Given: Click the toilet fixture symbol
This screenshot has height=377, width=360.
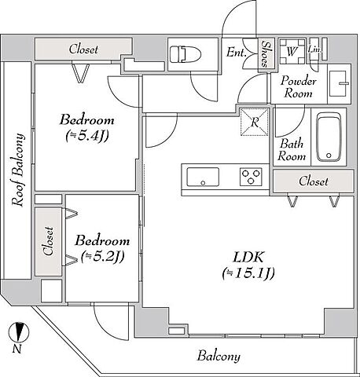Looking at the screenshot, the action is coord(186,54).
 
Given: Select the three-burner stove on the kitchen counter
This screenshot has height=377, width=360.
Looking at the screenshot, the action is coord(251,177).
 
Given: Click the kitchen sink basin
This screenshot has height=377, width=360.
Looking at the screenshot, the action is coord(203,177).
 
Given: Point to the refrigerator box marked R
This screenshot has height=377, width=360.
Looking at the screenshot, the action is coord(255,122).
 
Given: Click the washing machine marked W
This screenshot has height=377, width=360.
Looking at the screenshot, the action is coord(292,51).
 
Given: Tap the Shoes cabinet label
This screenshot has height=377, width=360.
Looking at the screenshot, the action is coord(266,54).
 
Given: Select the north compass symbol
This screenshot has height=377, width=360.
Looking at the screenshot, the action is coord(18,333).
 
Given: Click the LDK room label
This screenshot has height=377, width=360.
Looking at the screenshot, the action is coord(248,257).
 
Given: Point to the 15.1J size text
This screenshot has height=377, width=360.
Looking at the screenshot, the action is coord(248,273).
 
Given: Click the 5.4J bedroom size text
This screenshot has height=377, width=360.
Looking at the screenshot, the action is coord(87,136).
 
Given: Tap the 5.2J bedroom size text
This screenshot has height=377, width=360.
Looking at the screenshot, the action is coord(102,257).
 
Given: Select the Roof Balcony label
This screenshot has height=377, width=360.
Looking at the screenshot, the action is coord(18,170).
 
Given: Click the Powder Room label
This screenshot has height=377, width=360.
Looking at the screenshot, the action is coord(298,87).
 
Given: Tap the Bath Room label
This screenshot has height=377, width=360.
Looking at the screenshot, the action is coord(292,150).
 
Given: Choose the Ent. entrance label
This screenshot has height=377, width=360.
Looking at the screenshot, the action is coord(237,52).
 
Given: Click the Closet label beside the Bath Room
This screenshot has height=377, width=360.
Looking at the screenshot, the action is coord(314,181).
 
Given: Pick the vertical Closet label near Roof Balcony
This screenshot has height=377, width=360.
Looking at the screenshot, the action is coord(49,241).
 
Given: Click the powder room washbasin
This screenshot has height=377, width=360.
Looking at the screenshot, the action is coord(339,83).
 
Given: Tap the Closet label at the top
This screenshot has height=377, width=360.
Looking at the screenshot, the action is coord(83,49).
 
